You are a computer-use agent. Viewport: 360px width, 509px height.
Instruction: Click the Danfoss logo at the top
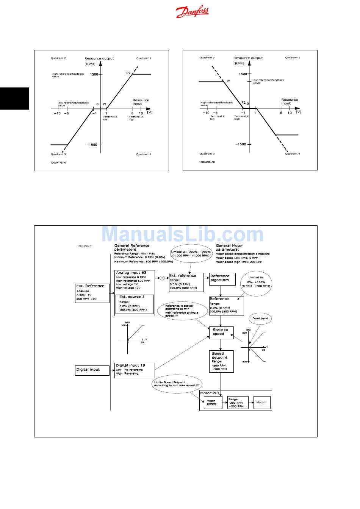192,12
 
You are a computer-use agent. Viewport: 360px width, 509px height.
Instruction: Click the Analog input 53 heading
131,273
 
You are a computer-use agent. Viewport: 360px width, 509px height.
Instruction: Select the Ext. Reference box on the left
92,293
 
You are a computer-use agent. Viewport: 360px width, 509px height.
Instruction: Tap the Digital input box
92,370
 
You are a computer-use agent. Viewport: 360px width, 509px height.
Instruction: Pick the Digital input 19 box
135,370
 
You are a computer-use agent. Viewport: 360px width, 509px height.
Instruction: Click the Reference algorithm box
222,279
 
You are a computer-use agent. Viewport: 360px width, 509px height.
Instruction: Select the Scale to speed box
221,332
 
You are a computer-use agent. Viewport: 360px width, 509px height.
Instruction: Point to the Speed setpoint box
221,361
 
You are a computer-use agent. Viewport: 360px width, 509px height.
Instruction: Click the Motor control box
211,403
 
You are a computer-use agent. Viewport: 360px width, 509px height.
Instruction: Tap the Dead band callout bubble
260,319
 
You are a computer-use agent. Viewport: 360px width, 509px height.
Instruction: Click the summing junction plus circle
162,278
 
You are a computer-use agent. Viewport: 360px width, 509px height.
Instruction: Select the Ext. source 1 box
135,304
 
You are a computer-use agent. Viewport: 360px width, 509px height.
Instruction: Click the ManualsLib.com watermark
182,235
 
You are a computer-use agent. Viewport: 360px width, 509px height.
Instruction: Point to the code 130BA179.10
58,162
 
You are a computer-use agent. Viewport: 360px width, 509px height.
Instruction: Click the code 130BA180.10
207,162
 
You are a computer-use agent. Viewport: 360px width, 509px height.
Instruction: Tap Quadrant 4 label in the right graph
293,154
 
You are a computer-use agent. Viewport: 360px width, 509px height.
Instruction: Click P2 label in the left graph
128,73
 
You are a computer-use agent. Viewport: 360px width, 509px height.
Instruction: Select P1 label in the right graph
229,81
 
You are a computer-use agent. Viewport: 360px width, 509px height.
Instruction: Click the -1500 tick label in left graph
92,145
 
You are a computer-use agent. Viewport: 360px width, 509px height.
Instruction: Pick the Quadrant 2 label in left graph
58,58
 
